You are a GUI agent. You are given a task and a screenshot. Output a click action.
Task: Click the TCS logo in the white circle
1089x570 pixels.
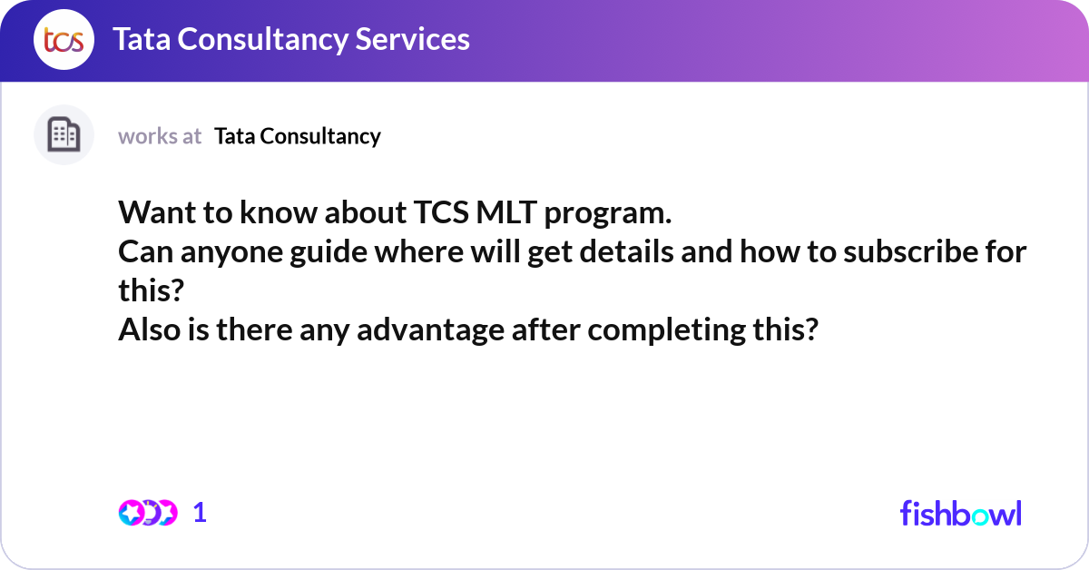pyautogui.click(x=64, y=39)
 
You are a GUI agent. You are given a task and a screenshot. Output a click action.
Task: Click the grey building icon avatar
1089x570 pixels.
pyautogui.click(x=64, y=134)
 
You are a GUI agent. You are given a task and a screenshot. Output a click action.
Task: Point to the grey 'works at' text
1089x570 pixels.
pyautogui.click(x=160, y=136)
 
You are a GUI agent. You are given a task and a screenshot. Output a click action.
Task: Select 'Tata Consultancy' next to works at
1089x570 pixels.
pyautogui.click(x=298, y=136)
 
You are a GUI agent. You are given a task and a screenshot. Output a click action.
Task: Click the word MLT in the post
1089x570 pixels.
pyautogui.click(x=506, y=212)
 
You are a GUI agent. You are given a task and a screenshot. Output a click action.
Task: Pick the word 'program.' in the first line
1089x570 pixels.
pyautogui.click(x=608, y=214)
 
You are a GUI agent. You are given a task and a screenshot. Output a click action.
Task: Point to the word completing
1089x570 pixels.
pyautogui.click(x=666, y=330)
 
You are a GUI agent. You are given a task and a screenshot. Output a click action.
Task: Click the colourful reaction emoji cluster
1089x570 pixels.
pyautogui.click(x=148, y=513)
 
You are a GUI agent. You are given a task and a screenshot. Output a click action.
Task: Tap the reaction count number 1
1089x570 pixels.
pyautogui.click(x=200, y=513)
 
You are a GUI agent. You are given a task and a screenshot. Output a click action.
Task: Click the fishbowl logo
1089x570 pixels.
pyautogui.click(x=961, y=513)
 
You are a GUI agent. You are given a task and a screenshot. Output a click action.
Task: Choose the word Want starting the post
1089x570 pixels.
pyautogui.click(x=156, y=212)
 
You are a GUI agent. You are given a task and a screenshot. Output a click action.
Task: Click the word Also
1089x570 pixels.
pyautogui.click(x=149, y=329)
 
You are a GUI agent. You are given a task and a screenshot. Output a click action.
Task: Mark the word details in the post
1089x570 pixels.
pyautogui.click(x=626, y=251)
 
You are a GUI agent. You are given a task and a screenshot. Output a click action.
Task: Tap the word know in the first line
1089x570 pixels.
pyautogui.click(x=278, y=212)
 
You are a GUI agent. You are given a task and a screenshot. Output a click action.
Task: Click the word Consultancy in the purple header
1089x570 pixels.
pyautogui.click(x=262, y=40)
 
